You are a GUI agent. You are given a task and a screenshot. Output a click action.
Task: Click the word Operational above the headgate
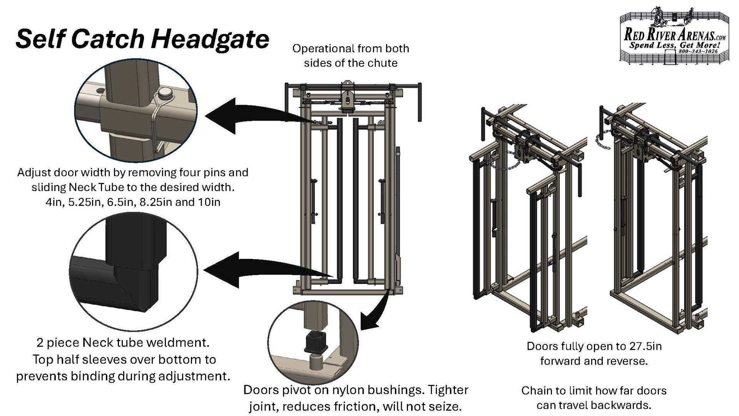coord(323,49)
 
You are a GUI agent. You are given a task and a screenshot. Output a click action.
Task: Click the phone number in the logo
coord(698,51)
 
